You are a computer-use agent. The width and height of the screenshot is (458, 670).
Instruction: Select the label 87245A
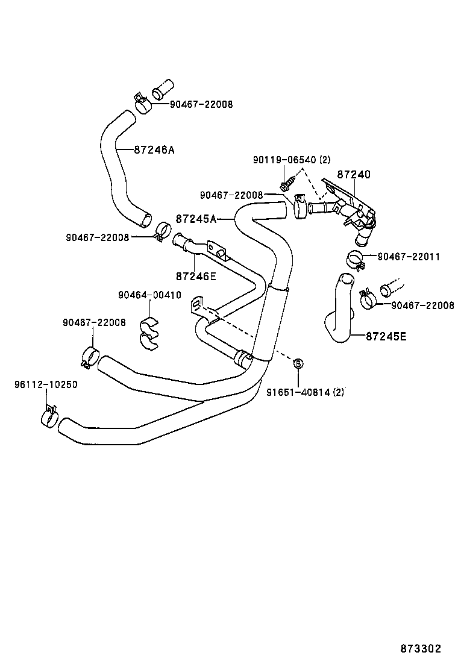pyautogui.click(x=196, y=219)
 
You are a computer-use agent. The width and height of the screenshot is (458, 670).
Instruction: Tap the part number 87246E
pyautogui.click(x=196, y=277)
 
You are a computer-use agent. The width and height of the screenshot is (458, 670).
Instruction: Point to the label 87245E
pyautogui.click(x=386, y=336)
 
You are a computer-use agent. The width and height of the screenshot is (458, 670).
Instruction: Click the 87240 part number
pyautogui.click(x=353, y=175)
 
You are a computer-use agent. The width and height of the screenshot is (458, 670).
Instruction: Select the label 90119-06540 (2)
pyautogui.click(x=292, y=160)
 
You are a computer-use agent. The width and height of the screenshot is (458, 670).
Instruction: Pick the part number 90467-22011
pyautogui.click(x=409, y=257)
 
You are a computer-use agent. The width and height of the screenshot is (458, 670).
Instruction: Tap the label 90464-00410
pyautogui.click(x=149, y=295)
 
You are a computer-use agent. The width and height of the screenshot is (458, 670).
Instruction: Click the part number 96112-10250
pyautogui.click(x=46, y=384)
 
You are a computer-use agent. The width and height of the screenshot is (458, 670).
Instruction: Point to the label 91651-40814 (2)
pyautogui.click(x=305, y=392)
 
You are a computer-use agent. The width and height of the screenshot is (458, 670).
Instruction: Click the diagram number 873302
pyautogui.click(x=421, y=648)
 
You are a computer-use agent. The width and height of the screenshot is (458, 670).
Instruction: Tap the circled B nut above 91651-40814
pyautogui.click(x=297, y=363)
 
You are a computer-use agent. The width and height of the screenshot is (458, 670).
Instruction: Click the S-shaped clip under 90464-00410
pyautogui.click(x=148, y=332)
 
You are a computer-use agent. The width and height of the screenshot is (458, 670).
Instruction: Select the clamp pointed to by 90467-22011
pyautogui.click(x=356, y=260)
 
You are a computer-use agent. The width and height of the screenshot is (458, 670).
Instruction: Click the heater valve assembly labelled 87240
pyautogui.click(x=350, y=208)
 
